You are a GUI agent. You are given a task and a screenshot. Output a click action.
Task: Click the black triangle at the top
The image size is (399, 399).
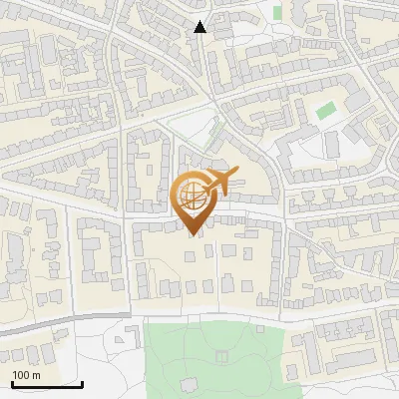[x=200, y=27]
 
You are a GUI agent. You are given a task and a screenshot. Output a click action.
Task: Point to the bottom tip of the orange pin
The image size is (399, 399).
[x=192, y=235]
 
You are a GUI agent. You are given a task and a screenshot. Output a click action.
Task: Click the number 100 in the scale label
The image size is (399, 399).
[x=21, y=375]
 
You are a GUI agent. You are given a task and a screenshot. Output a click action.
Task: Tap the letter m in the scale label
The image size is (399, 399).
[x=37, y=375]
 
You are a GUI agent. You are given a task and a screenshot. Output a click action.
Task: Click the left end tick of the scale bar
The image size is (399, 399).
[x=12, y=382]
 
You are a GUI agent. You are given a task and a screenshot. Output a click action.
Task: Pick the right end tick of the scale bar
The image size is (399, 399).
[x=82, y=382]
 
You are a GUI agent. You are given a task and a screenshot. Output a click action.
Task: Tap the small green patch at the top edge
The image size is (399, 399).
[x=277, y=12]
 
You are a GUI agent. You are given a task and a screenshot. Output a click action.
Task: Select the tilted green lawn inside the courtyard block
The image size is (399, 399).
[x=326, y=110]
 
